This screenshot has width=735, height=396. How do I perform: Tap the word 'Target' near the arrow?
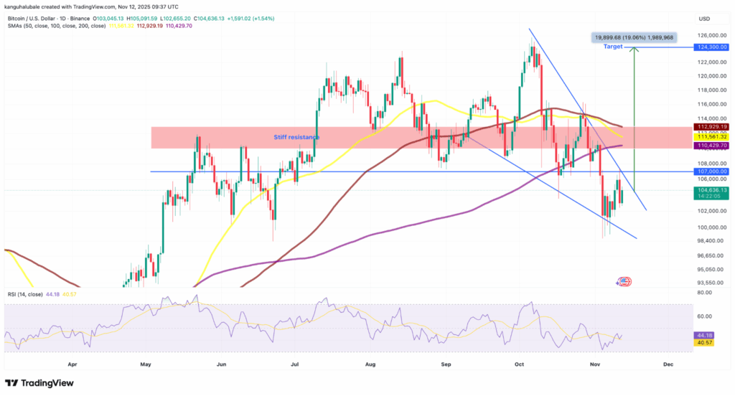click(612, 47)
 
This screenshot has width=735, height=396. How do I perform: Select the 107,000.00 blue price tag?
click(711, 171)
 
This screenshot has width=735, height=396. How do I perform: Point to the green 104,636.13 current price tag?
click(711, 190)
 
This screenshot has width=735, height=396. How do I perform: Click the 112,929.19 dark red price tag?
click(711, 127)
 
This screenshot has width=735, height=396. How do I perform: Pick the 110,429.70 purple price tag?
click(711, 146)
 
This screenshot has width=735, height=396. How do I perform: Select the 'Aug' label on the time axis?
click(371, 364)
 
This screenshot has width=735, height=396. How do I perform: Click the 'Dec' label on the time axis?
click(668, 364)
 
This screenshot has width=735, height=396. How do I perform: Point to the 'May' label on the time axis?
click(146, 364)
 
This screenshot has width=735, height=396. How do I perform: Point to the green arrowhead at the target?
click(634, 50)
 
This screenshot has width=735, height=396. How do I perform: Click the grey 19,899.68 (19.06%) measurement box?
click(633, 37)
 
